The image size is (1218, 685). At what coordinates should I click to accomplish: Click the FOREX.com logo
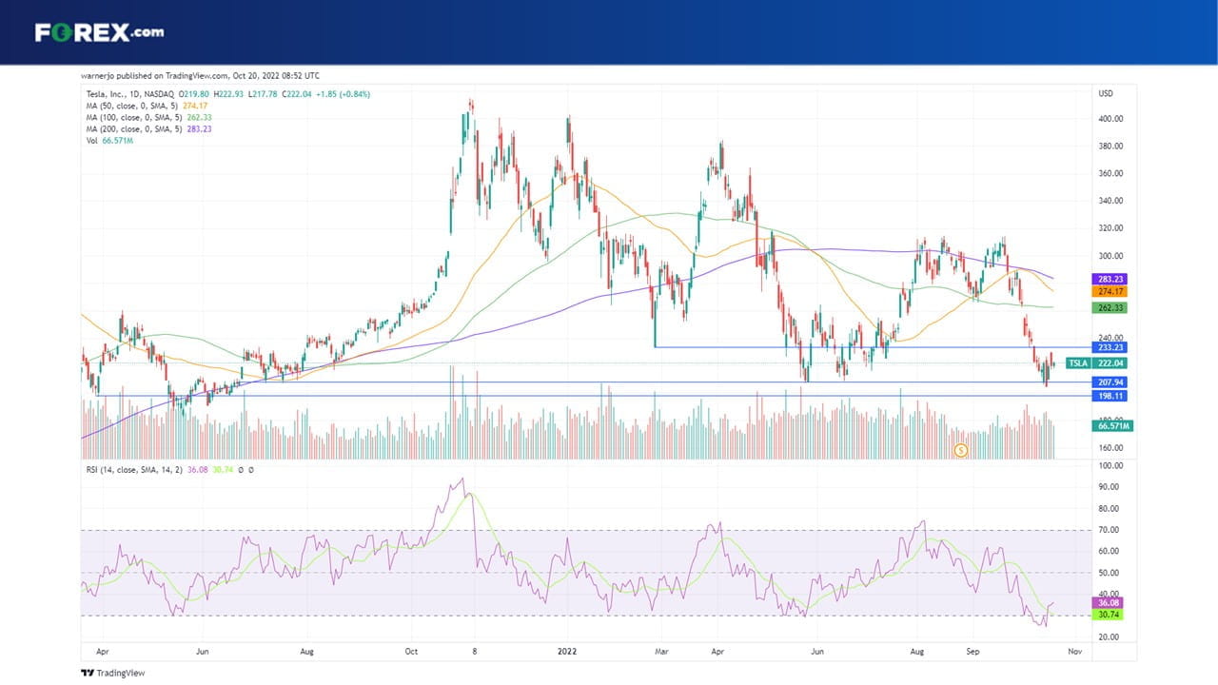tap(100, 32)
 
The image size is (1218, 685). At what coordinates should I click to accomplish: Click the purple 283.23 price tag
tap(1110, 279)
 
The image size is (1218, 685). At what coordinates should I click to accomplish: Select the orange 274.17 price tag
tap(1110, 291)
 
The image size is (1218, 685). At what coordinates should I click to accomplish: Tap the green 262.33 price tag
tap(1110, 307)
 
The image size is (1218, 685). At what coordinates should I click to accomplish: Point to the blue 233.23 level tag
tap(1110, 347)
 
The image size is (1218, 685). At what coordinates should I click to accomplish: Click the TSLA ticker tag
tap(1078, 363)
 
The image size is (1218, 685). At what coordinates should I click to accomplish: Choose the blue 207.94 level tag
tap(1110, 382)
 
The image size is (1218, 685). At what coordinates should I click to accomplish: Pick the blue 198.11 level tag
tap(1110, 396)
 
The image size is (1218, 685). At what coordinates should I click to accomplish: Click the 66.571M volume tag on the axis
tap(1112, 425)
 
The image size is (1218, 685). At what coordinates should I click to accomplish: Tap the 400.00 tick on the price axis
tap(1110, 119)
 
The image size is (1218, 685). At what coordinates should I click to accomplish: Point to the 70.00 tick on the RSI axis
tap(1109, 530)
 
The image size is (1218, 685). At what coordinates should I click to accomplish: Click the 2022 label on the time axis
tap(567, 651)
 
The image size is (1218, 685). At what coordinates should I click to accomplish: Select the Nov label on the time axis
tap(1074, 651)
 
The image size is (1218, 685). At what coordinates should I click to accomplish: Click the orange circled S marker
tap(961, 450)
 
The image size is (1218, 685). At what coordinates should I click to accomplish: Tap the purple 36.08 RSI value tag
tap(1108, 602)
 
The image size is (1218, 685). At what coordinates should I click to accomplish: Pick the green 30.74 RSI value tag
tap(1108, 615)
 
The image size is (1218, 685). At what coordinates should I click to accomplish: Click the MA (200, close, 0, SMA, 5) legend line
tap(148, 128)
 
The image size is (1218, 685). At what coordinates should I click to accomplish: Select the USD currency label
tap(1106, 93)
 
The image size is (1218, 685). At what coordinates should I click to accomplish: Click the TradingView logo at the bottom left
tap(113, 673)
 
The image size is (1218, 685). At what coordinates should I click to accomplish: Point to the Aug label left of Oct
tap(306, 651)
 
